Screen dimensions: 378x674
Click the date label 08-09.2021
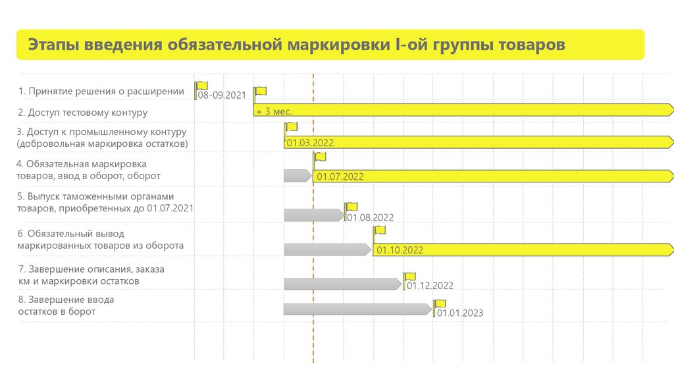[x=222, y=95]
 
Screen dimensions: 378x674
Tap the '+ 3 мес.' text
[x=274, y=111]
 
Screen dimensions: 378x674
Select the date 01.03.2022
[x=310, y=142]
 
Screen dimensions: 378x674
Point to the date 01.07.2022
[x=340, y=176]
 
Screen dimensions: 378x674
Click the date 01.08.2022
[x=370, y=217]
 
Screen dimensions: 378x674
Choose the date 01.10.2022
[x=399, y=250]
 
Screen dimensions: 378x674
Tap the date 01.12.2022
[x=430, y=286]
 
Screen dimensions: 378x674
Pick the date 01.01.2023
[x=459, y=313]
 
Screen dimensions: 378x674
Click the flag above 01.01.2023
[x=440, y=305]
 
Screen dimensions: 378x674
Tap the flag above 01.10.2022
[x=380, y=230]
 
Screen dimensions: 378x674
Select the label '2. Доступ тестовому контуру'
[x=83, y=113]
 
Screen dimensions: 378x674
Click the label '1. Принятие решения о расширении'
[x=101, y=91]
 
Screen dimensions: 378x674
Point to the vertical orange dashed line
[x=313, y=263]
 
